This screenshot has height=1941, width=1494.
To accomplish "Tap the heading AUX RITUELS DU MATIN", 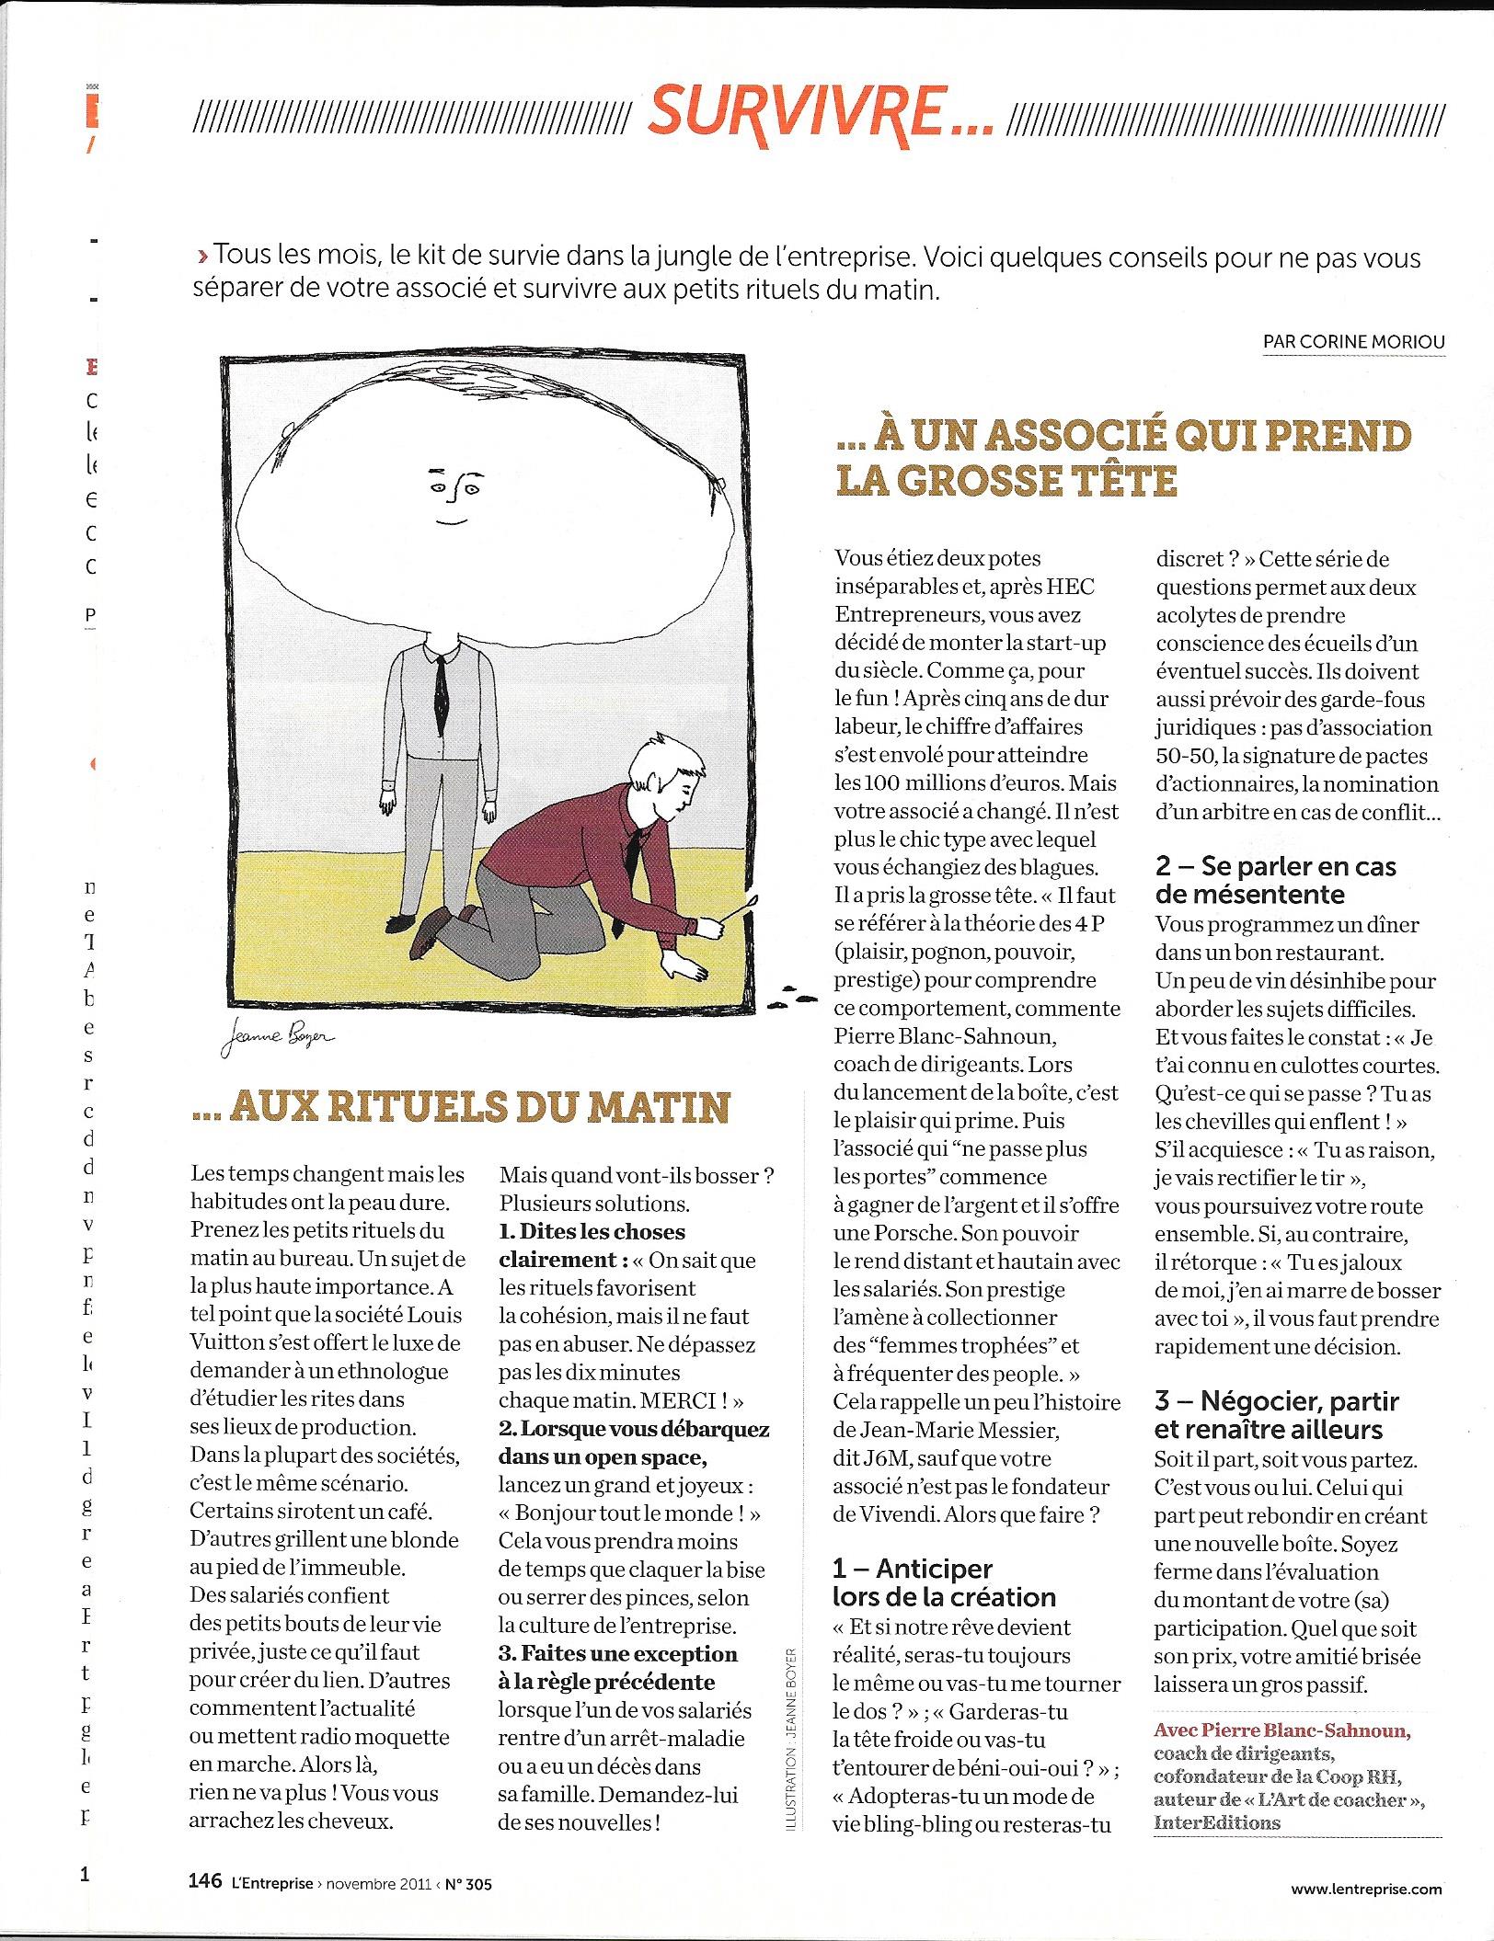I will tap(460, 1107).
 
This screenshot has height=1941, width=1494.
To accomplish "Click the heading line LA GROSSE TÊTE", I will tap(1006, 480).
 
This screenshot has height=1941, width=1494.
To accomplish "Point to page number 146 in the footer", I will tap(204, 1880).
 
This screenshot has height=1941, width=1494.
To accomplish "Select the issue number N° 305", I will tap(468, 1883).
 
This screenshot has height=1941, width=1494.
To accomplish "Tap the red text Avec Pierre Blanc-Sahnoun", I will tap(1281, 1730).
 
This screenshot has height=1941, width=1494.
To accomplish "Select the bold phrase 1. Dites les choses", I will tap(592, 1232).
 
